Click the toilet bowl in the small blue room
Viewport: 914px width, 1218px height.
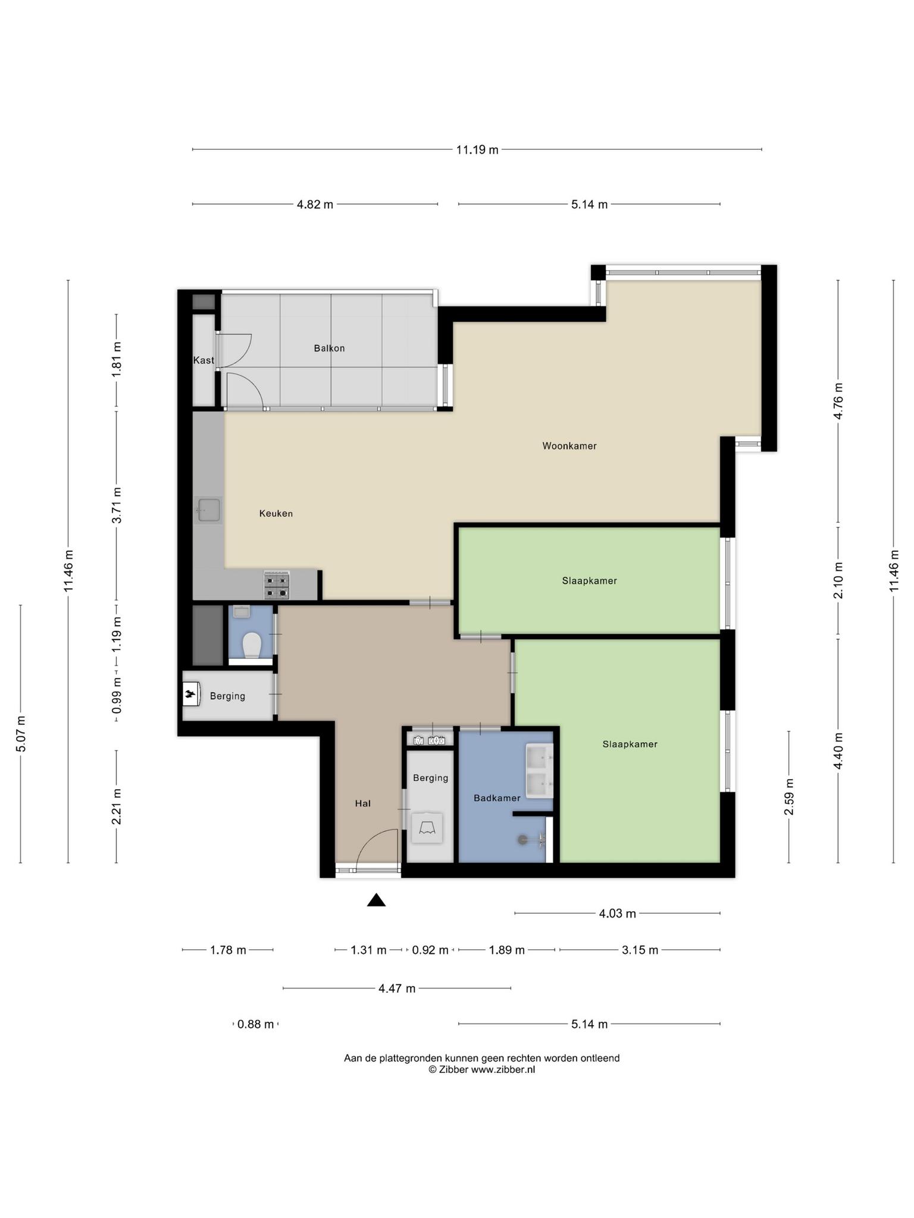[252, 645]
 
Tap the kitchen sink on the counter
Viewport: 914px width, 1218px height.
[208, 510]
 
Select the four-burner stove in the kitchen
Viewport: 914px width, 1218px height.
[277, 585]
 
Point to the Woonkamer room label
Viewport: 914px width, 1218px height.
[569, 445]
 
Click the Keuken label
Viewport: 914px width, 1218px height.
[276, 513]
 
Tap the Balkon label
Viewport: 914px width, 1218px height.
[329, 348]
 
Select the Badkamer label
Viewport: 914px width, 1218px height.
[497, 798]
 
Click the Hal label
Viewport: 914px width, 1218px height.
[363, 803]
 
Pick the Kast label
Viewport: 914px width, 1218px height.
[204, 360]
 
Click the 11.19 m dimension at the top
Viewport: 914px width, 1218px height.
[477, 150]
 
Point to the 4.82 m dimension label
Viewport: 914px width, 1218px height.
[315, 205]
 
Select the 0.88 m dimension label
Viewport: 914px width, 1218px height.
[256, 1024]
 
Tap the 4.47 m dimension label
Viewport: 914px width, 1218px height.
[397, 988]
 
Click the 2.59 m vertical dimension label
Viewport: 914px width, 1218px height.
[789, 797]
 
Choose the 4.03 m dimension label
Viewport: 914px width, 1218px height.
[618, 913]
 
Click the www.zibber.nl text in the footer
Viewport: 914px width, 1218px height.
[503, 1069]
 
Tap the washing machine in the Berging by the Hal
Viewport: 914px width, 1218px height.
[427, 827]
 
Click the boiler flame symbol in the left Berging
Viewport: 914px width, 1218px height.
[190, 693]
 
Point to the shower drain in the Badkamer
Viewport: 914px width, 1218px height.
[522, 839]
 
